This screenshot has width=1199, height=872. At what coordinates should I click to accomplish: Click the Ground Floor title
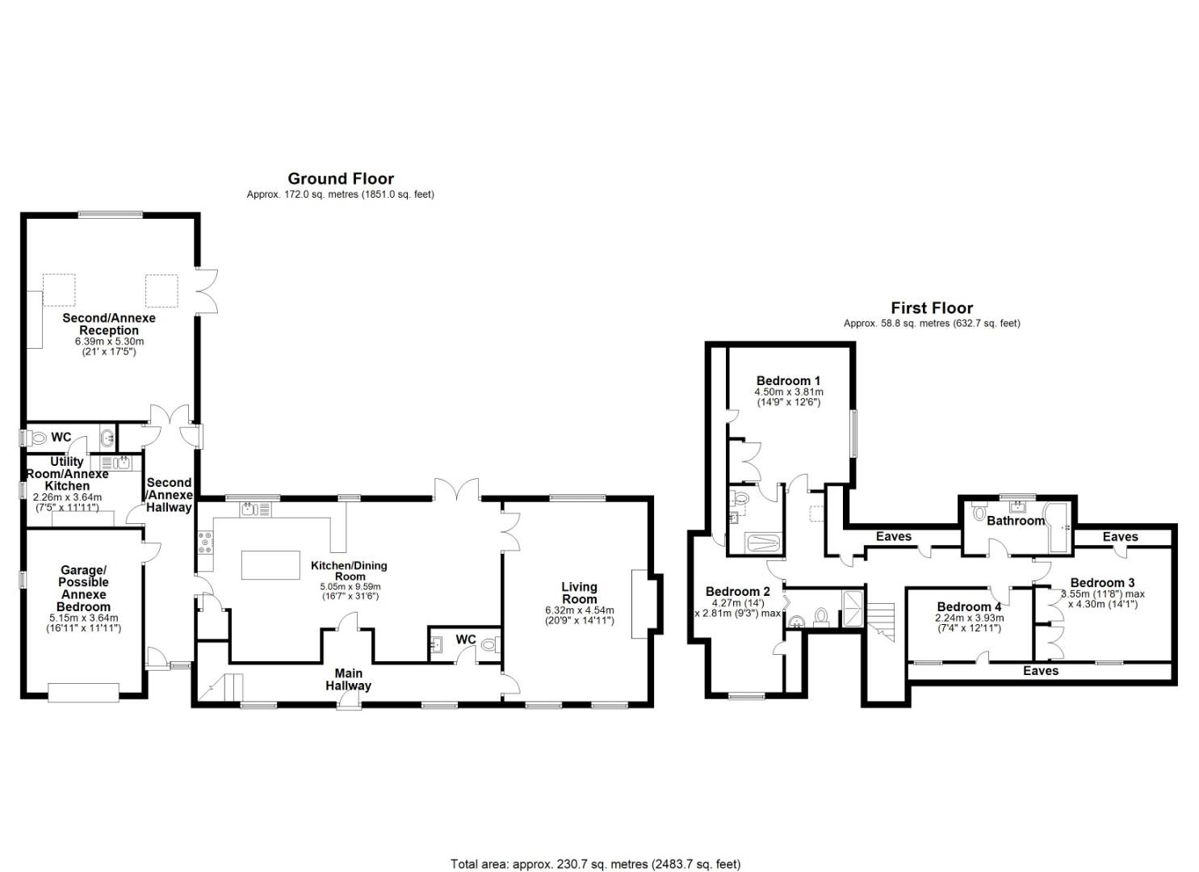click(x=341, y=178)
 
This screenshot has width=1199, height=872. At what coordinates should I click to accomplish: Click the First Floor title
click(x=932, y=308)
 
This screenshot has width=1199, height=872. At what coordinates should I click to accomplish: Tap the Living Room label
click(x=579, y=593)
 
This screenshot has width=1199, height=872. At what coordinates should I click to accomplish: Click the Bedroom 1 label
click(x=788, y=380)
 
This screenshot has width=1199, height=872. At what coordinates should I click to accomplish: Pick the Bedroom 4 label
click(x=969, y=606)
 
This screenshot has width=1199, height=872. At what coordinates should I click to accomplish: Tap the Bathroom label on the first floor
click(x=1016, y=521)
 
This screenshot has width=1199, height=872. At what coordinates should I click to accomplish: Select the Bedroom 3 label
click(x=1102, y=582)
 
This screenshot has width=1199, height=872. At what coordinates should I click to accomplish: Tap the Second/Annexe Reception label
click(x=109, y=324)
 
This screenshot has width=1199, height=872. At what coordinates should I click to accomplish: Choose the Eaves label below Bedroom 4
click(x=1040, y=670)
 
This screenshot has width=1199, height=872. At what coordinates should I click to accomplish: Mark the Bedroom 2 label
click(x=737, y=591)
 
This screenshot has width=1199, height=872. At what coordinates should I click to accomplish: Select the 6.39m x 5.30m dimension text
click(x=109, y=342)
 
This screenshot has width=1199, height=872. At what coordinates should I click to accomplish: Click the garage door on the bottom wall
click(x=83, y=692)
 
